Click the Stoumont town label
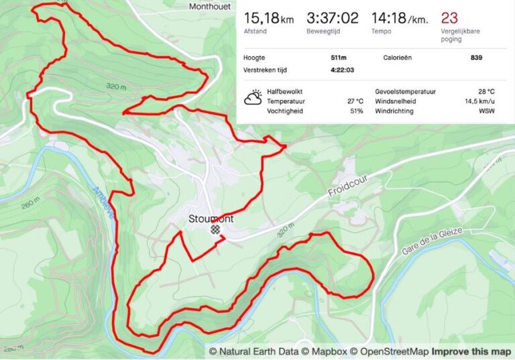[211, 219]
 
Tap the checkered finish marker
[215, 229]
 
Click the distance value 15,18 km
[268, 18]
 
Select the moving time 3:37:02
[332, 18]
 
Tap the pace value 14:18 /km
[400, 18]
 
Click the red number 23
[449, 18]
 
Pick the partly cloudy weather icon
[253, 99]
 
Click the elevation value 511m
[339, 58]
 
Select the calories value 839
[476, 58]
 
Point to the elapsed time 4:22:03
[342, 70]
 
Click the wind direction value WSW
[486, 111]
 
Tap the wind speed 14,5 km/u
[479, 101]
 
